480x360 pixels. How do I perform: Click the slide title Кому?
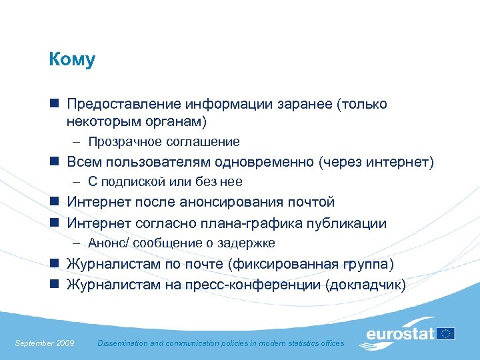[x=72, y=60]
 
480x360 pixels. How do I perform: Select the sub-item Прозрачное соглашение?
[x=163, y=141]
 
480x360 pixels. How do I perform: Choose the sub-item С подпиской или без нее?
[x=165, y=181]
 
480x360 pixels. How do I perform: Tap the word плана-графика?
[x=262, y=223]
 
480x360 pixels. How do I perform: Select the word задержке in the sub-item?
[x=251, y=243]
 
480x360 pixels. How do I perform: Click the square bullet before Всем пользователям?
[x=53, y=162]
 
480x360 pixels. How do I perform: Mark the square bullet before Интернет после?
[x=53, y=202]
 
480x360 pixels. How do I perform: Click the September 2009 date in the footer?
[x=44, y=343]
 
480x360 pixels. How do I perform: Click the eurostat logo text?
[x=400, y=334]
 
